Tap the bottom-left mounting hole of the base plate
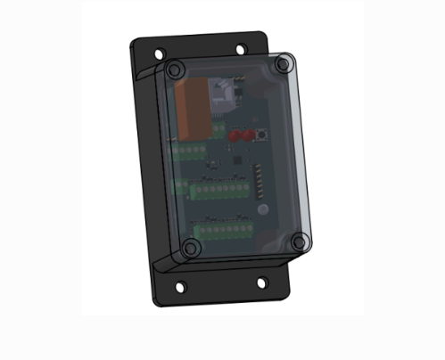click(181, 286)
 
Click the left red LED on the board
click(234, 136)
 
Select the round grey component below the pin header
click(263, 209)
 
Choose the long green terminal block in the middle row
click(221, 189)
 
